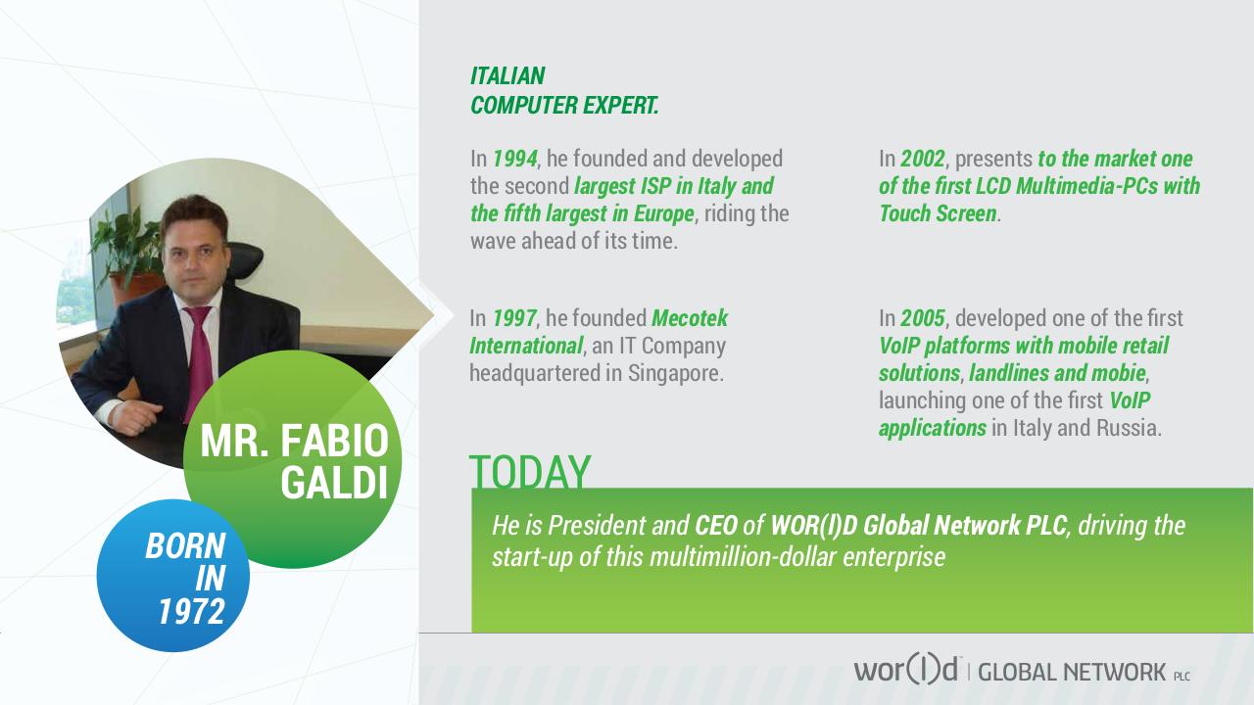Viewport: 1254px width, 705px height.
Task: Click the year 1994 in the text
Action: click(514, 159)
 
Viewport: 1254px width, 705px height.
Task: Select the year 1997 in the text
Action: click(514, 318)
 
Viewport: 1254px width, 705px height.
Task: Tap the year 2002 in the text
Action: click(924, 159)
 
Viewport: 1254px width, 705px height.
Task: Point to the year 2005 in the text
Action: click(924, 318)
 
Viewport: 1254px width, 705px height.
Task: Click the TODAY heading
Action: click(530, 472)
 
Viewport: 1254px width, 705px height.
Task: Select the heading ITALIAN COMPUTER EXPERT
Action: click(564, 91)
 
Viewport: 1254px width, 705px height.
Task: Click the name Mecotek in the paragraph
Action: click(690, 318)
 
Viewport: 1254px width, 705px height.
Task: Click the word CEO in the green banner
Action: click(715, 526)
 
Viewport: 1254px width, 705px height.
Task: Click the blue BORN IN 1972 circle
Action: click(173, 577)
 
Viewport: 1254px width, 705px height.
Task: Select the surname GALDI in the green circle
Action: click(334, 484)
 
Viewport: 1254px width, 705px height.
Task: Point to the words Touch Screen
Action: click(938, 213)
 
